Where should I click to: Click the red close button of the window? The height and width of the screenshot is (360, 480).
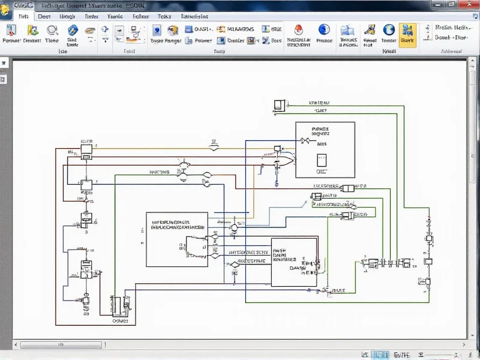coord(467,5)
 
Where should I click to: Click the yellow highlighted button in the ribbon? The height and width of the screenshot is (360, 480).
coord(407,34)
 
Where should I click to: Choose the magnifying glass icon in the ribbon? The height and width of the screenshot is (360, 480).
coord(52,30)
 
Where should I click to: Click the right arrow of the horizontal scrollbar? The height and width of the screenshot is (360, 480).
coord(464,345)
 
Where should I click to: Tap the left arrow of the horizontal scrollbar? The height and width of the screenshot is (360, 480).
coord(17,345)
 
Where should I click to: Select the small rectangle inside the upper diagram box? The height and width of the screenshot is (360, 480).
coord(322,160)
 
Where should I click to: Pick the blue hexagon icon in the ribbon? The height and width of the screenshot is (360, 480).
coord(73,30)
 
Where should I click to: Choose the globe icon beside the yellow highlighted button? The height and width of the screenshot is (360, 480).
coord(389,29)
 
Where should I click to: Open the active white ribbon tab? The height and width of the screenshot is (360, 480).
coord(23,17)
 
